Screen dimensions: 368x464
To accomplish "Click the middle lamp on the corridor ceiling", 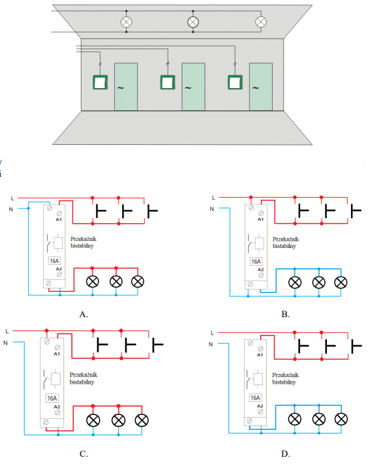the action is coord(193,22).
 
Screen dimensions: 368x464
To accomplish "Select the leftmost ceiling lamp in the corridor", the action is coord(127,22).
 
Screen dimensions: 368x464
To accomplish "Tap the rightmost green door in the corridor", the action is coord(260,87).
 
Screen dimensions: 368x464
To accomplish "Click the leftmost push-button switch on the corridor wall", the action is coord(100,82).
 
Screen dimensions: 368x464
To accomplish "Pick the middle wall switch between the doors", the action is coord(168,82).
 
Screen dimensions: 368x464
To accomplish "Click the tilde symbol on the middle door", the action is coord(188,88).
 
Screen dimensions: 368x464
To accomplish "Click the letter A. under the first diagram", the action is coord(84,315).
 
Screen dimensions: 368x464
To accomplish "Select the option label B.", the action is coord(285,315).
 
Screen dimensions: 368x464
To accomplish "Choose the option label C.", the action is coord(84,454).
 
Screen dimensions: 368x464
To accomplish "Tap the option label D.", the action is coord(285,454).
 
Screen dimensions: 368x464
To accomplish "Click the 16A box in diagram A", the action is coord(54,261).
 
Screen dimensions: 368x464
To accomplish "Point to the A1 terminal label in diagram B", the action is coord(260,219).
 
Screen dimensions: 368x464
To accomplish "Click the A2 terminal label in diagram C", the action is coord(57,407).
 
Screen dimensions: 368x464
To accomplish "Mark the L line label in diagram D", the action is coord(212,333).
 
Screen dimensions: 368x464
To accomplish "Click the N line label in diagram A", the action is coord(11,209).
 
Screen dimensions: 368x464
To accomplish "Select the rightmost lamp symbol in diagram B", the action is coord(341,283).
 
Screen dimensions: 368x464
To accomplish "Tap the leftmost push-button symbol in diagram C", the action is coord(102,345).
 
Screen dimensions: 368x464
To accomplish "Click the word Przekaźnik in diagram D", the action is coord(286,375).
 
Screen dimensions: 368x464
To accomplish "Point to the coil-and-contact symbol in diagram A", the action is coord(55,243).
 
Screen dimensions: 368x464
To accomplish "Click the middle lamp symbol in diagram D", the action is coord(319,419).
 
